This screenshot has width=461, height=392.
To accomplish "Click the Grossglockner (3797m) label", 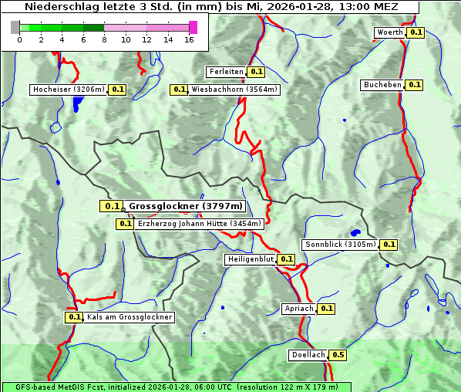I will pos(185,206).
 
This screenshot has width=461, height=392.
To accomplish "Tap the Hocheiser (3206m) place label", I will pos(69,90).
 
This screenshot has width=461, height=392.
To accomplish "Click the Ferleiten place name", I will pos(226,72).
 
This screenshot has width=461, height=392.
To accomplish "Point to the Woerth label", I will pos(389,32).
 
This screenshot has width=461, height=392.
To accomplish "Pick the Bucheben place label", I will pos(382,85).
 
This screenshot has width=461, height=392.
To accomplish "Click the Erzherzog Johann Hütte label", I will pos(199,224).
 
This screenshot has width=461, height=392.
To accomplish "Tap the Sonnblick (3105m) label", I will pos(340,245).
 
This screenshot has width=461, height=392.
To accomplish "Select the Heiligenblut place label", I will pos(250,259).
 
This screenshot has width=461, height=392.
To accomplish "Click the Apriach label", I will pos(299,309).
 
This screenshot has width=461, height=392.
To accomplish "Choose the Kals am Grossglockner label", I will pos(129,317).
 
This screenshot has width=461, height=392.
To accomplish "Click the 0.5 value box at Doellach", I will pos(338,356).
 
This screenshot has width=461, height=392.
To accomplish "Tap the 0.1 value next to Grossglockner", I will pos(112,206).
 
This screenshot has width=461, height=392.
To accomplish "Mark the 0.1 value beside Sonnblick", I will pos(389,245).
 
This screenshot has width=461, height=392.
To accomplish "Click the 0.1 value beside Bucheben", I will pos(414,85).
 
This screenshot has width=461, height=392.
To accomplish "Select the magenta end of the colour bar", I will pos(193,27).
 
